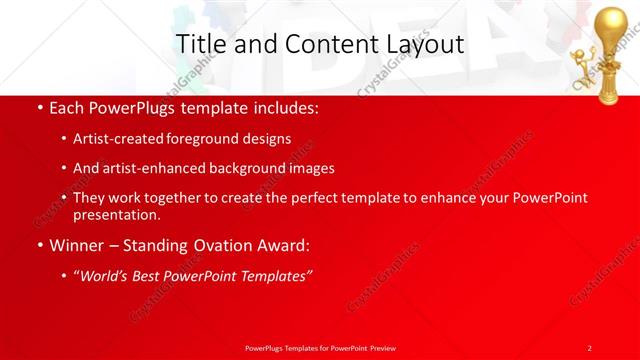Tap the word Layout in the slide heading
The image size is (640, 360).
(x=422, y=45)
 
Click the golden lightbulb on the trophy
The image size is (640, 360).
(x=611, y=25)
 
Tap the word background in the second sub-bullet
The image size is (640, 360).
(x=241, y=169)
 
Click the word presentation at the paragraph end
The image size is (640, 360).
(x=116, y=214)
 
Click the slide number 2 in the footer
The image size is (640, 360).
(x=590, y=347)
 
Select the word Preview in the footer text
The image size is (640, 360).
(x=381, y=347)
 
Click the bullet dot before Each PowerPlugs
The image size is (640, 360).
(x=38, y=107)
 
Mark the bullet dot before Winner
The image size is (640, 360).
(x=38, y=246)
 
